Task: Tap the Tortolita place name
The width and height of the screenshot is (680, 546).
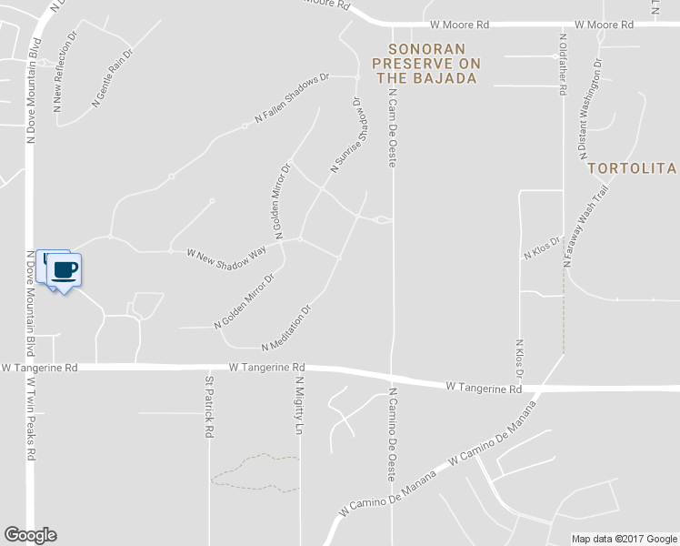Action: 632,168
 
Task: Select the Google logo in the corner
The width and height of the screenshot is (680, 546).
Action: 30,535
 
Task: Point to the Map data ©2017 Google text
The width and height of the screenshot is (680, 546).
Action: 624,539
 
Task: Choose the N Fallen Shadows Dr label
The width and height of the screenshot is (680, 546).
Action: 291,98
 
